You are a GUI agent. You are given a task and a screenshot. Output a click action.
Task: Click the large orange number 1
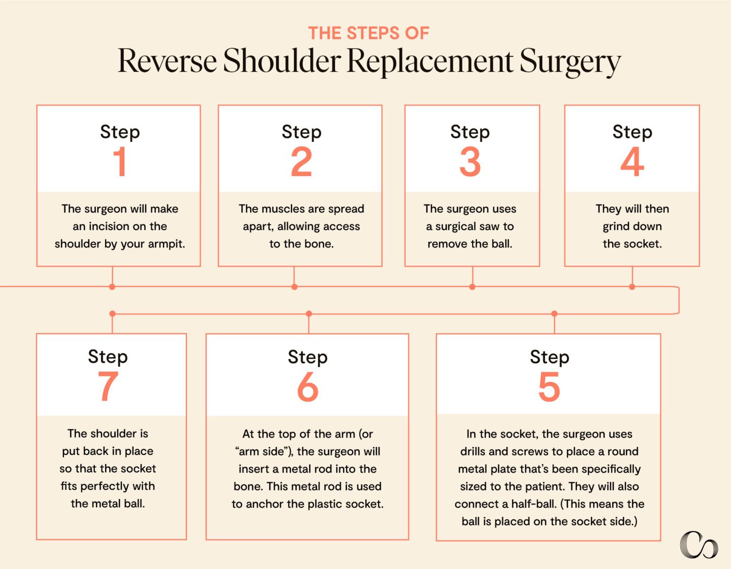(x=120, y=162)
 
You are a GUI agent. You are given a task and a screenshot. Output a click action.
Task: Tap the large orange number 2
(x=302, y=162)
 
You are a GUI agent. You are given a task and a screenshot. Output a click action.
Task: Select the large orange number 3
(x=470, y=162)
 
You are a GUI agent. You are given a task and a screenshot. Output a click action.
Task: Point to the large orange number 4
(x=632, y=162)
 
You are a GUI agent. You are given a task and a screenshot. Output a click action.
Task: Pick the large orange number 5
(x=549, y=387)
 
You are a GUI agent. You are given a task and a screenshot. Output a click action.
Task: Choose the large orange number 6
(x=308, y=387)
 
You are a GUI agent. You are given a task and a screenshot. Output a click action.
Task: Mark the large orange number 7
(x=108, y=386)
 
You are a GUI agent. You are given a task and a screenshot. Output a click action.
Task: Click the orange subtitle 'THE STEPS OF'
(x=369, y=33)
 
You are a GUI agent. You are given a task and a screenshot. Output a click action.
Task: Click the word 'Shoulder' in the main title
(x=282, y=61)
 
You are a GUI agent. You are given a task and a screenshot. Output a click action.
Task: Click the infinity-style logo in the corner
(x=699, y=545)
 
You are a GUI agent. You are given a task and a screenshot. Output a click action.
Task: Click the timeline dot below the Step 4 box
(x=632, y=287)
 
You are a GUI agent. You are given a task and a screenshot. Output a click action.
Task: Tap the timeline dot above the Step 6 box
(x=309, y=314)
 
